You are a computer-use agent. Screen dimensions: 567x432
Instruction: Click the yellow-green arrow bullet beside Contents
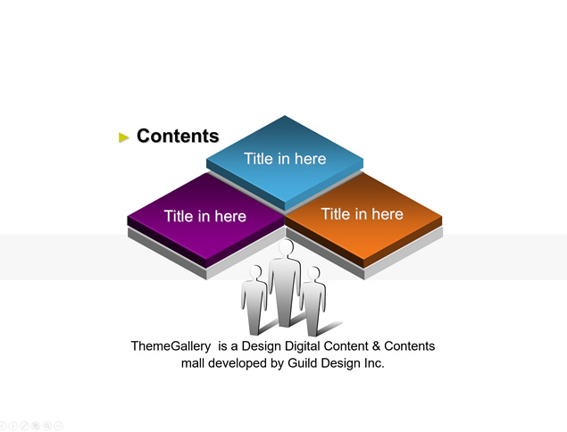pos(124,137)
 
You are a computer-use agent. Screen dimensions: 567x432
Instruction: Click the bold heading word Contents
pos(178,136)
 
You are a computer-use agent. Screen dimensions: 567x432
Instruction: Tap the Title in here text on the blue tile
pos(285,159)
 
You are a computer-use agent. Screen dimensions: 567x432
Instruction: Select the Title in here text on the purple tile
pos(205,216)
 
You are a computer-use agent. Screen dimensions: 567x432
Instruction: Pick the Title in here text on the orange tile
pos(362,214)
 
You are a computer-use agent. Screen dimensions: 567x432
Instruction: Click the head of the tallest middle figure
pos(286,247)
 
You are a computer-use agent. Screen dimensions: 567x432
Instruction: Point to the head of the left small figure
pos(255,272)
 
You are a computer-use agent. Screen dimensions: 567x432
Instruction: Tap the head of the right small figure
pos(313,274)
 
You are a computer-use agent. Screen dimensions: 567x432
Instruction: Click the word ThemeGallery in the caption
pos(171,346)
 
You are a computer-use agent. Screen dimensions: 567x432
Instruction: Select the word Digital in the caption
pos(303,346)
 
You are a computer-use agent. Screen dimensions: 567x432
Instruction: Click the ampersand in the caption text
pos(376,346)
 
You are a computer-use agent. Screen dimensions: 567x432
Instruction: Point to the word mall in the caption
pos(193,363)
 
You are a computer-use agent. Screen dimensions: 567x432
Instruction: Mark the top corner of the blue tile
pos(285,116)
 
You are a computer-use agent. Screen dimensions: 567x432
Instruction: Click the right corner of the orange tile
pos(442,217)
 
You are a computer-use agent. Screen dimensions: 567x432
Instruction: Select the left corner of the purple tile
pos(128,217)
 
